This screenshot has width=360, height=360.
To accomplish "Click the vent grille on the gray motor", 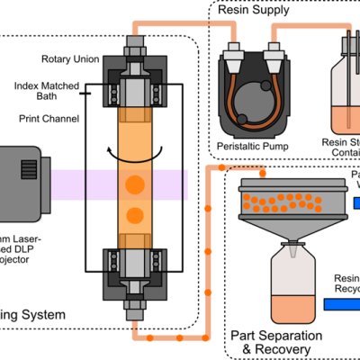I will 29,169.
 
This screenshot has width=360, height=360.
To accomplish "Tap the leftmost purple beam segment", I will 67,184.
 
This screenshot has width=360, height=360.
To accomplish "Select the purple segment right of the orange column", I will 166,184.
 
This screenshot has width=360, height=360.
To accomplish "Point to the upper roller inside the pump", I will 265,85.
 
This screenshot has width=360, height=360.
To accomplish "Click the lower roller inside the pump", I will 241,119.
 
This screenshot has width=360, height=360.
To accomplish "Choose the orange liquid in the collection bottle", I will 293,309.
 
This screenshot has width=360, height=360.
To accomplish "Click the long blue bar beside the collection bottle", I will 342,304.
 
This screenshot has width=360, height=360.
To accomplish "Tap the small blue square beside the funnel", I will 356,203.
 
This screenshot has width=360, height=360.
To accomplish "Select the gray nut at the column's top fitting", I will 134,41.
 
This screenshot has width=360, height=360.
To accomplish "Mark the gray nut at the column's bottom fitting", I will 134,306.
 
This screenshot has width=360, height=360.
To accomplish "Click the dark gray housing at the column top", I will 112,68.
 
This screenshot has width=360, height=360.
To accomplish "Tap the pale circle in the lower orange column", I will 134,215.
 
